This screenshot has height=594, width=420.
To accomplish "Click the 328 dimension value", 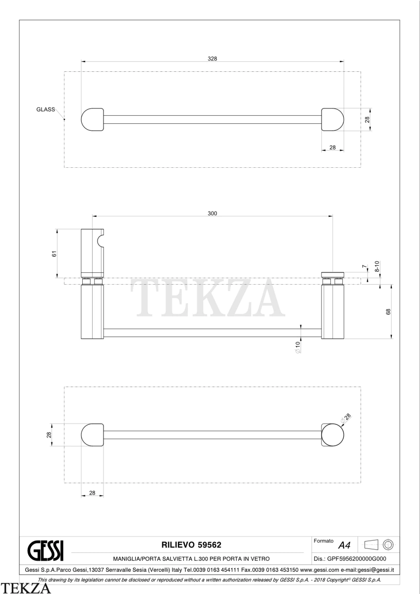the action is [x=212, y=58].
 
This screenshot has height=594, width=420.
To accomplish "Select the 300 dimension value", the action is [x=212, y=213].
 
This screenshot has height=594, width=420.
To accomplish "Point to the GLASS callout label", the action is [x=46, y=109].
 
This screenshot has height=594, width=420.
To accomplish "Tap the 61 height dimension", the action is [x=54, y=254].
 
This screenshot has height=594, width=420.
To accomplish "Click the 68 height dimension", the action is [x=388, y=312].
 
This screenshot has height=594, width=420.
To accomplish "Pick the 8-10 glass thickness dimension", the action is [x=377, y=266].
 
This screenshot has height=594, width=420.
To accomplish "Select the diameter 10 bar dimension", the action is [x=298, y=347].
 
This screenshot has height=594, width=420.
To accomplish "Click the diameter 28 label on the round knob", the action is [x=346, y=418].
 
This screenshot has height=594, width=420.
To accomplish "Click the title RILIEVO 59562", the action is [x=191, y=545].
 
